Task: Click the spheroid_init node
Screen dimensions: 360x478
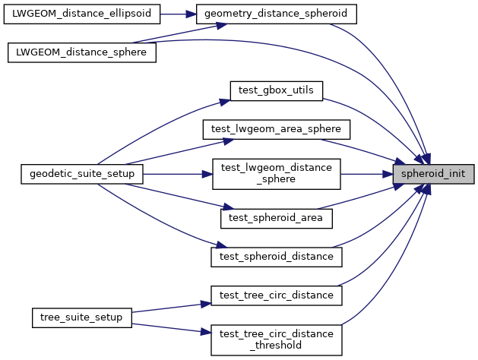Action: (x=433, y=173)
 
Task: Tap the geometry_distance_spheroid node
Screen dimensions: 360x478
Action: (x=276, y=14)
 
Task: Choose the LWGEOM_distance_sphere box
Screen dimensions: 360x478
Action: (x=81, y=52)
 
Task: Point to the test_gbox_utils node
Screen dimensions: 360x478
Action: (x=276, y=90)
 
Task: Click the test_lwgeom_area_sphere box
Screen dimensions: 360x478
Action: (x=276, y=128)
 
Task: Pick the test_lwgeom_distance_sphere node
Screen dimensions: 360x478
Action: (x=276, y=173)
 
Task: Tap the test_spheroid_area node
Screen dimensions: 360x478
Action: (x=276, y=218)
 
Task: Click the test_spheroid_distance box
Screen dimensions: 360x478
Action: (x=276, y=256)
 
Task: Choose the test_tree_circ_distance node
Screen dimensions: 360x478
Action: (x=276, y=294)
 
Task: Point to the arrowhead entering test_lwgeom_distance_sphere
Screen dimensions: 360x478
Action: (x=207, y=173)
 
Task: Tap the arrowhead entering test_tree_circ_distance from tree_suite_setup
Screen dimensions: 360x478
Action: (x=205, y=302)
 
